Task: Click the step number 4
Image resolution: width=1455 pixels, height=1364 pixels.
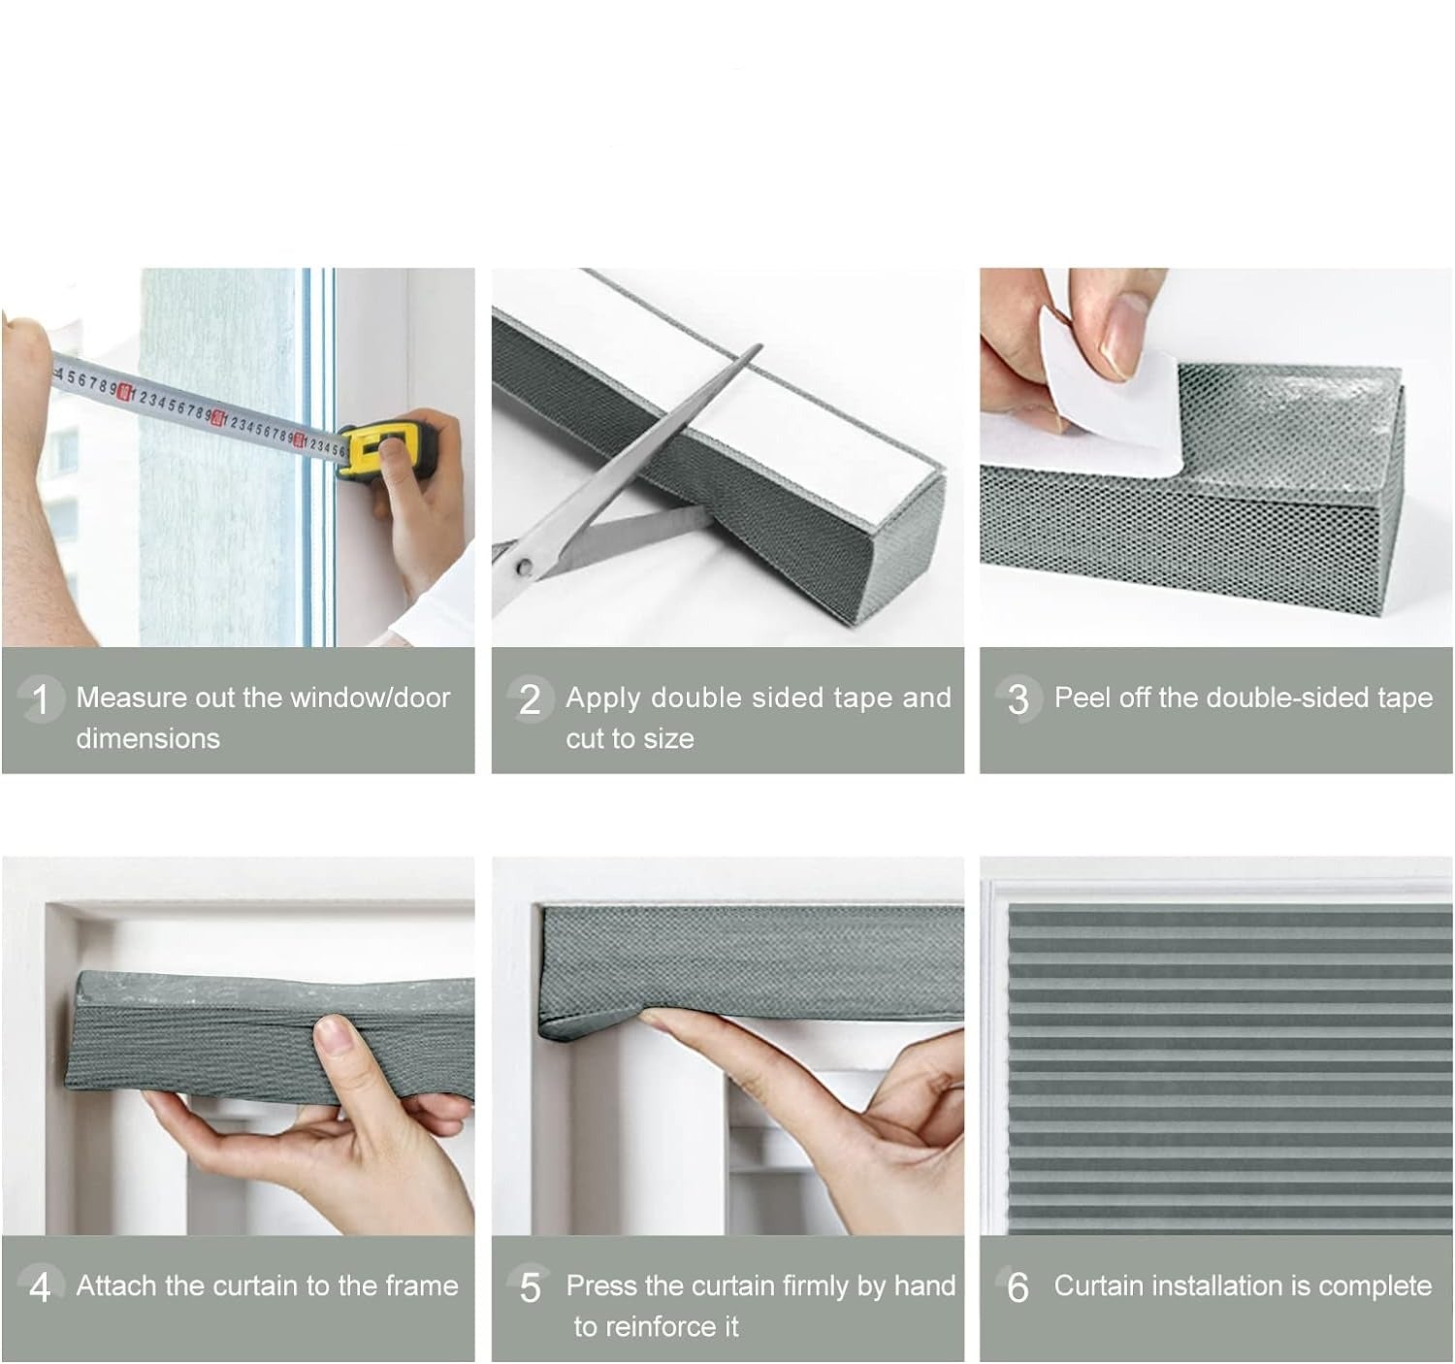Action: coord(41,1287)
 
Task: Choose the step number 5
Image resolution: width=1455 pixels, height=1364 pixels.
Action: coord(530,1287)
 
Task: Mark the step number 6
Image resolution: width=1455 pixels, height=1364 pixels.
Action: coord(1018,1287)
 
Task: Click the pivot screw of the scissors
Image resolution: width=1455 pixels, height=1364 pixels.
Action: coord(523,567)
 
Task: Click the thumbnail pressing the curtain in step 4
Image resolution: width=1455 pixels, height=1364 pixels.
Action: coord(335,1034)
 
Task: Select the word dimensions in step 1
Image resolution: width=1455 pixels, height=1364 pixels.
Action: coord(148,739)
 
